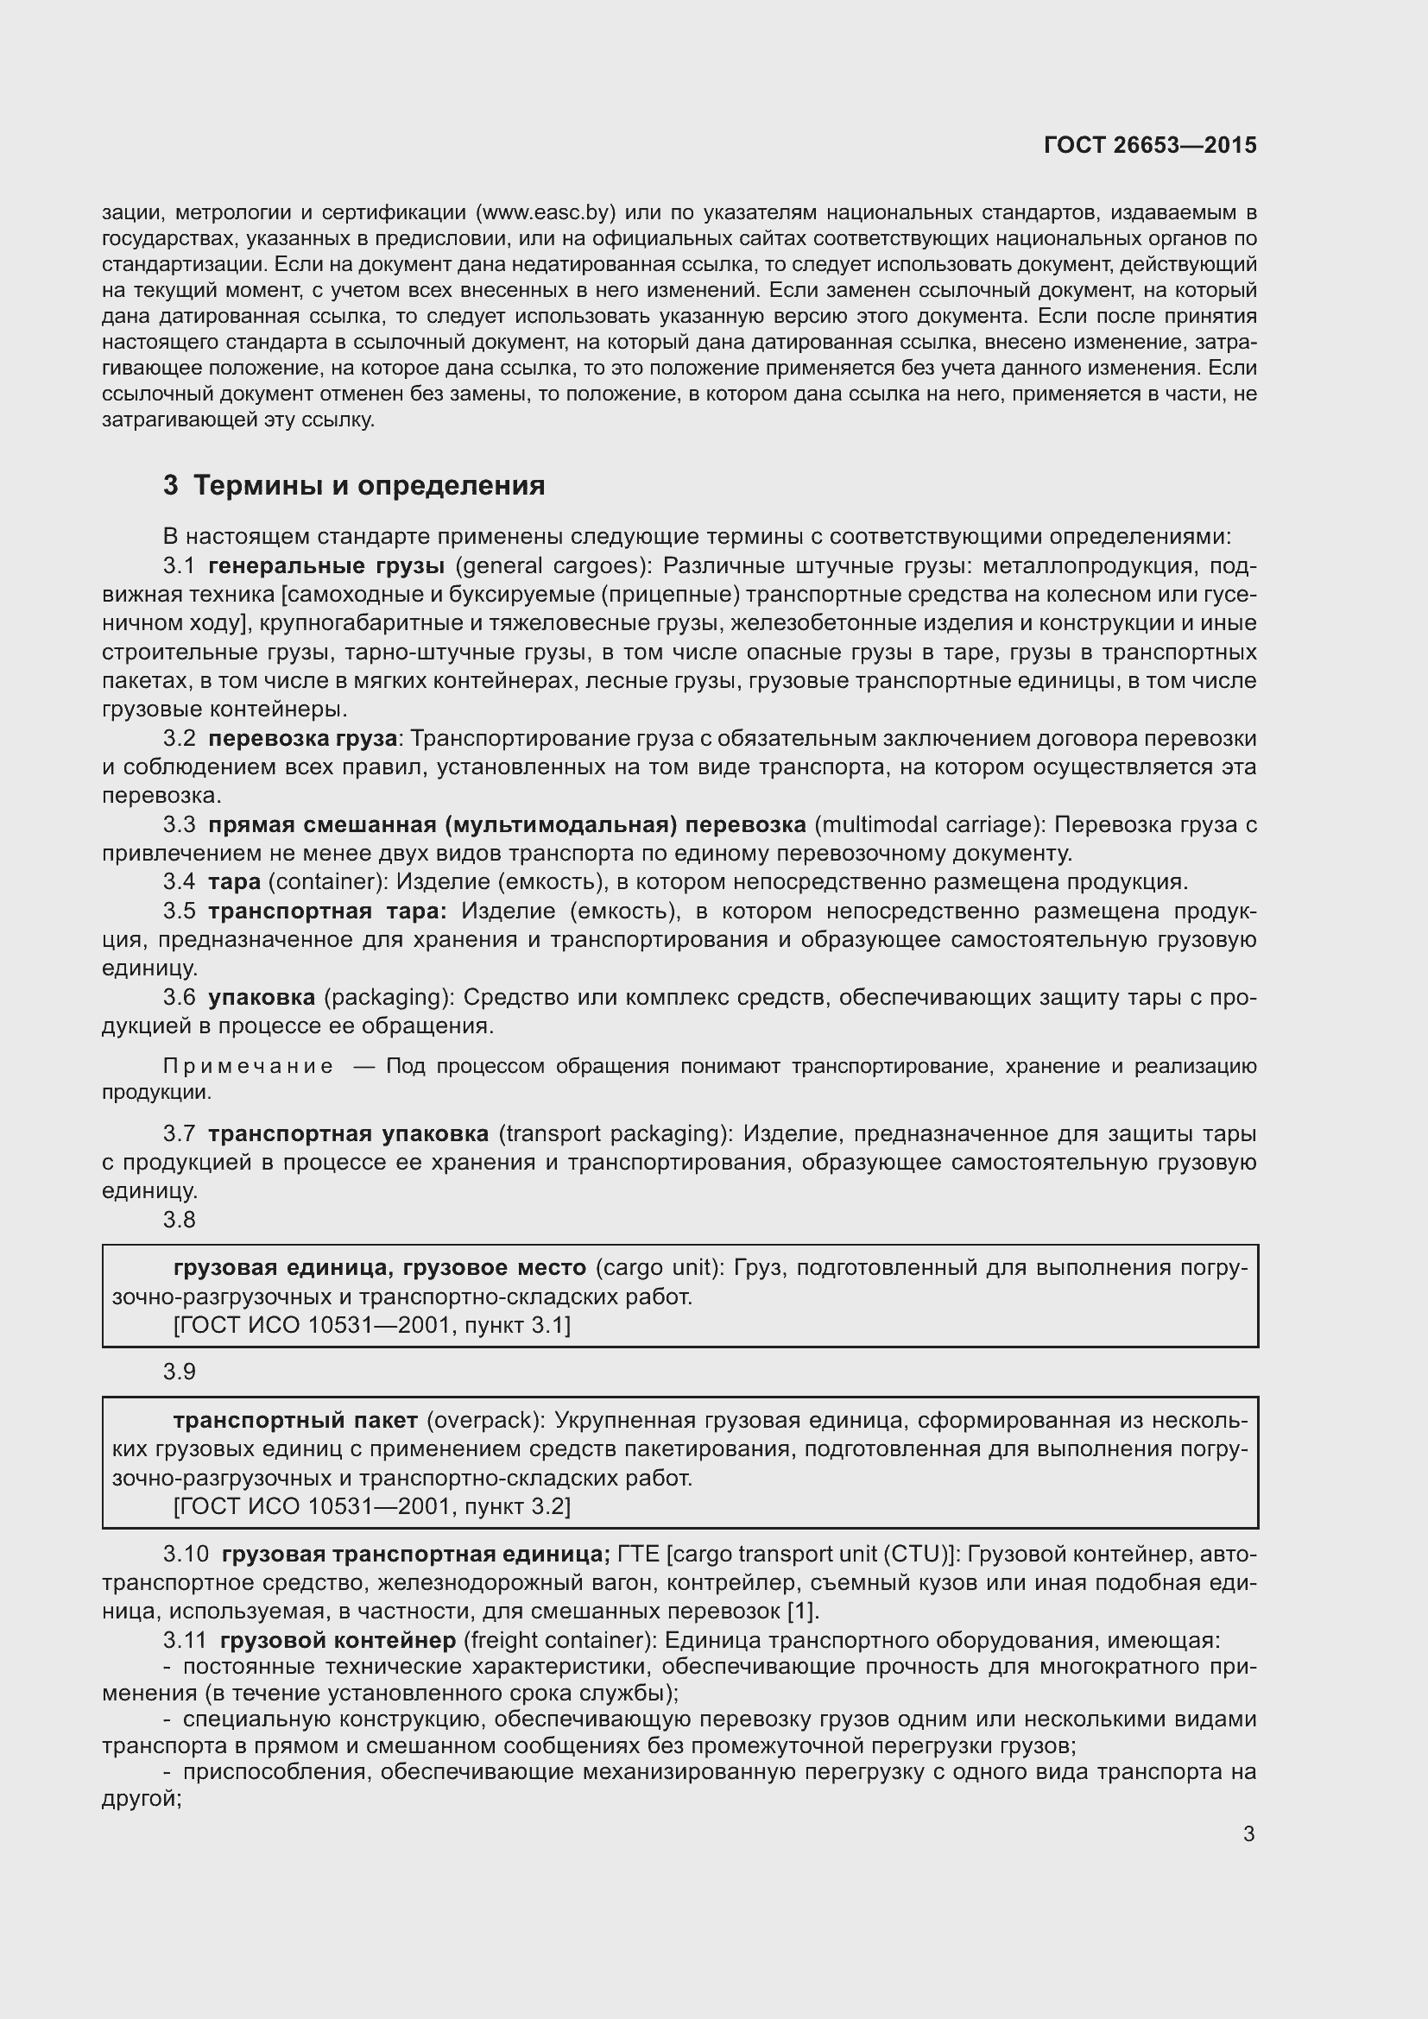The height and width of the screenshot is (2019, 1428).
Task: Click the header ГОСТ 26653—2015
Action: click(x=1149, y=145)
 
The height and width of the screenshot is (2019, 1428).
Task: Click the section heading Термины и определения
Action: click(x=369, y=485)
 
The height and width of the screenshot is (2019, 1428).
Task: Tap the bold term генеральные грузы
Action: click(x=326, y=565)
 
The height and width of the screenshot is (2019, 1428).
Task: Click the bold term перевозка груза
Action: click(x=302, y=739)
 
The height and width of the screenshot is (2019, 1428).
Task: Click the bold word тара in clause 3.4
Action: click(x=234, y=882)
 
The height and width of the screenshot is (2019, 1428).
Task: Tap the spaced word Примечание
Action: click(x=248, y=1067)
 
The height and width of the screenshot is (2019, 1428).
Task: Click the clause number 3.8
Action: click(x=180, y=1220)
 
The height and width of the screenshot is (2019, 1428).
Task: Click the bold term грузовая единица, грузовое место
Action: click(x=379, y=1268)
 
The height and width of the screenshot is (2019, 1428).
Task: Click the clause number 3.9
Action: click(x=180, y=1372)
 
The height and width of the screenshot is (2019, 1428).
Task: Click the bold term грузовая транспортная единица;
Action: click(x=415, y=1554)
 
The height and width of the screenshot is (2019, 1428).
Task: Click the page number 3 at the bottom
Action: click(x=1248, y=1834)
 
